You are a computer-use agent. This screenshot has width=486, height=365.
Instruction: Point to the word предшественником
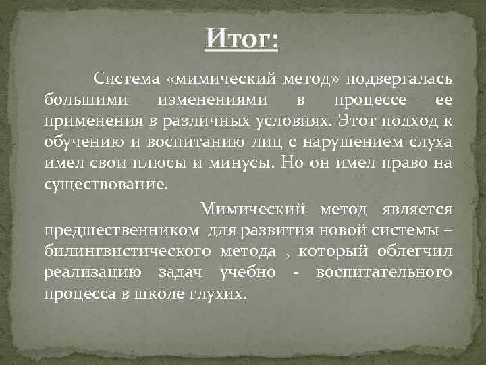[x=122, y=230]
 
